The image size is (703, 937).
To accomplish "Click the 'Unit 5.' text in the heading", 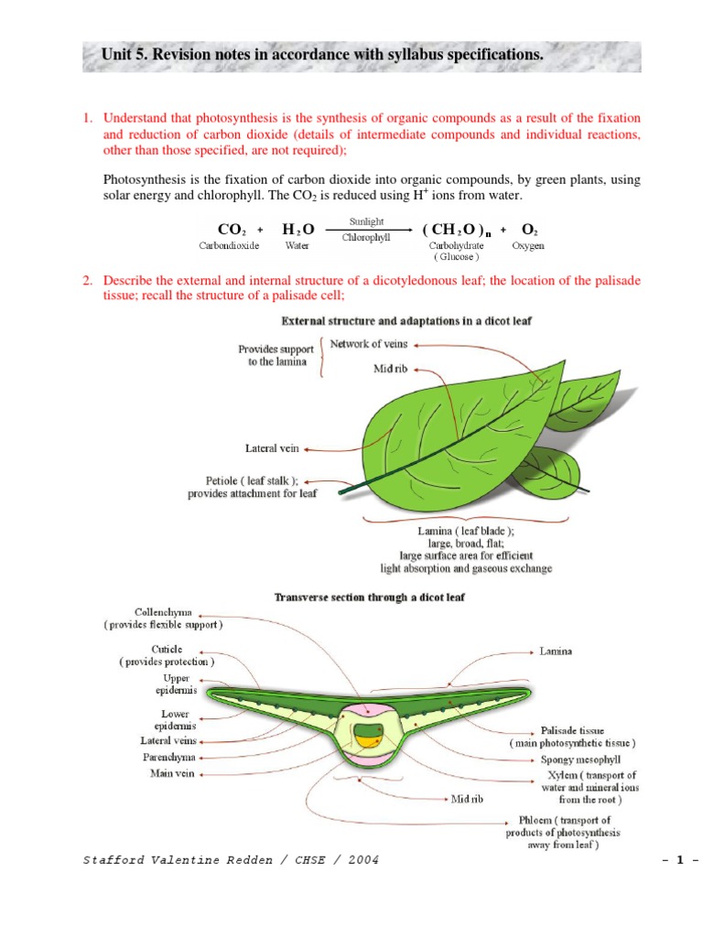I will tap(125, 56).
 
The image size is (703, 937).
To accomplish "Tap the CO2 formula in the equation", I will tap(229, 230).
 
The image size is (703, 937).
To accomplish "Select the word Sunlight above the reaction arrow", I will tap(366, 221).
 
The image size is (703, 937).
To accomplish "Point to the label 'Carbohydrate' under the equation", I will tap(456, 245).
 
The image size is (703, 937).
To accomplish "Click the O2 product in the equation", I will tap(529, 230).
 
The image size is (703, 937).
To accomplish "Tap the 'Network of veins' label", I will tap(369, 344).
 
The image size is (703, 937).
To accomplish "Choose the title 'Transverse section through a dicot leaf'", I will tap(370, 598).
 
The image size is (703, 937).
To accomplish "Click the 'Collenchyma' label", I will tap(163, 612).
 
